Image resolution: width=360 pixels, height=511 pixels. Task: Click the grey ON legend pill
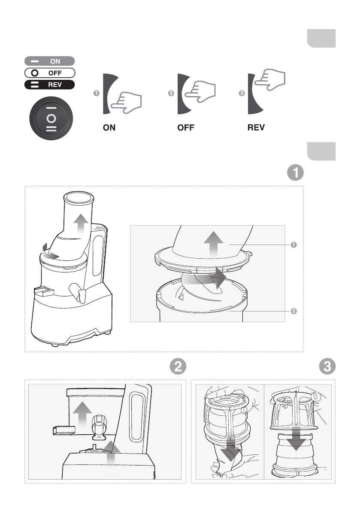click(49, 61)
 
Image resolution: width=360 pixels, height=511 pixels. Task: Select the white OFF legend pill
click(49, 73)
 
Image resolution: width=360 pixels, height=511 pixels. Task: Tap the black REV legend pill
click(49, 85)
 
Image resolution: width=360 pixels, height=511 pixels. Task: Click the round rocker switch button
click(51, 118)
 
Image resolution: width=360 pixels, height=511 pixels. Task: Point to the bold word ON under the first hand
click(109, 127)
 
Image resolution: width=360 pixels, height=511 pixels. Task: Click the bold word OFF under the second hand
click(186, 127)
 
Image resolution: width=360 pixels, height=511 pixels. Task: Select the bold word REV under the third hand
click(256, 127)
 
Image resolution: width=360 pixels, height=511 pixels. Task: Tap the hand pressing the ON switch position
click(127, 103)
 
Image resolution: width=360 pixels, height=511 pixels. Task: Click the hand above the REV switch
click(270, 79)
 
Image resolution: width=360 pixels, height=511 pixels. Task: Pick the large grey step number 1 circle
click(295, 172)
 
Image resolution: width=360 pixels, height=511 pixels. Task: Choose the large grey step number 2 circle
click(178, 366)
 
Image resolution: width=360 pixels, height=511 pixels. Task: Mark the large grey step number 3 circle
click(327, 366)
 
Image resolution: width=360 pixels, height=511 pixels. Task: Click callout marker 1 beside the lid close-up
click(293, 245)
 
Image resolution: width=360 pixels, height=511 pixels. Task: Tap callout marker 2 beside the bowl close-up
click(293, 311)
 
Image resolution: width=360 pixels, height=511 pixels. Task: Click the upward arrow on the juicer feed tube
click(81, 225)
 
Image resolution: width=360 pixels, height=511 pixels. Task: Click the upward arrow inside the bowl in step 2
click(82, 414)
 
